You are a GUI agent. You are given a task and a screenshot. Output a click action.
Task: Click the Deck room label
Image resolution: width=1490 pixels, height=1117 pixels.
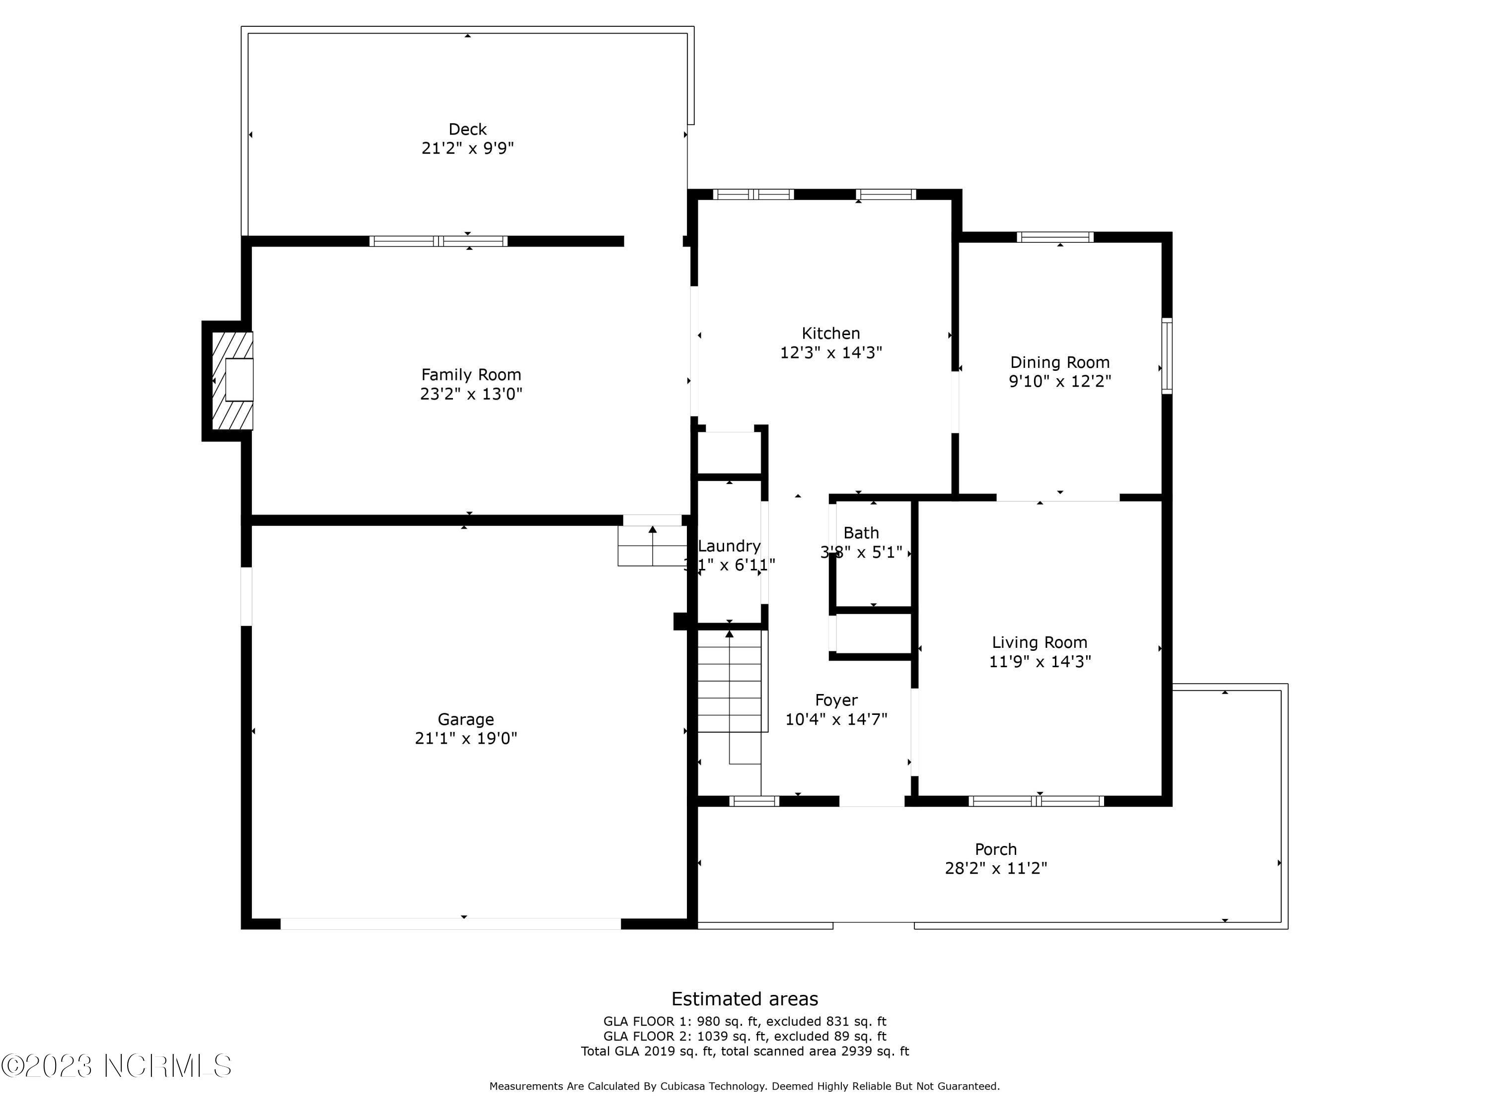coord(467,129)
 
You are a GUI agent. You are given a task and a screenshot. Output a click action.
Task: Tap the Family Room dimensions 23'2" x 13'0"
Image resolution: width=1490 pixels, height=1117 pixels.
coord(471,394)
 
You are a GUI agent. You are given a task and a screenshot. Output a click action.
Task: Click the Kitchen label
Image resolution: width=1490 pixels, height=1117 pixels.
coord(830,333)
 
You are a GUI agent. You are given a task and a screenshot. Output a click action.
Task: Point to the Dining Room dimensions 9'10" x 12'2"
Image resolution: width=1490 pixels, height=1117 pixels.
coord(1059,382)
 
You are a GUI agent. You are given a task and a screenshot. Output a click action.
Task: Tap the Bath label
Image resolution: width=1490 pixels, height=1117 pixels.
coord(861,533)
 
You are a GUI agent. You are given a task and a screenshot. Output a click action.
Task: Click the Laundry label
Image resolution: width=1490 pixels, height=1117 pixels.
coord(730,546)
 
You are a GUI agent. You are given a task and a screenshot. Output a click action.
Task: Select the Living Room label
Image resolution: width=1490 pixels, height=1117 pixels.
coord(1040,642)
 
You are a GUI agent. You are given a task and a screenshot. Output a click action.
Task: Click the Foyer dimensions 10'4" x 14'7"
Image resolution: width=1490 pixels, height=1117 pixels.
coord(836,719)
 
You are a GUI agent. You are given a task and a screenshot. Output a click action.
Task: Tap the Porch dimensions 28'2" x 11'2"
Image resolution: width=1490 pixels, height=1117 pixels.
coord(996,869)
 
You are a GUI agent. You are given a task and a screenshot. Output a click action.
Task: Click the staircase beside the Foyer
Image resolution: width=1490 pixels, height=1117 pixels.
coord(730,694)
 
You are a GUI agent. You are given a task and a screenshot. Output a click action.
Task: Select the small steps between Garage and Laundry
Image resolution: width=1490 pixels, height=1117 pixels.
coord(651,546)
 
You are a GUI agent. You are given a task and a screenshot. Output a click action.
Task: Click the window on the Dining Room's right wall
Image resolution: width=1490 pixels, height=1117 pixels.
coord(1167,355)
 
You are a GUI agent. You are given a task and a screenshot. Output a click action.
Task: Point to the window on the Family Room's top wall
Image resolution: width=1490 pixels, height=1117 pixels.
coord(438,241)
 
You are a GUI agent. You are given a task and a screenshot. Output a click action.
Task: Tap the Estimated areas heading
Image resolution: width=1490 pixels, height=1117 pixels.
coord(745,998)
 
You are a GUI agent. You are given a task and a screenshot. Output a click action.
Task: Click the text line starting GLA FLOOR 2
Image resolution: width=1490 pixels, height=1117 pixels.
coord(745,1036)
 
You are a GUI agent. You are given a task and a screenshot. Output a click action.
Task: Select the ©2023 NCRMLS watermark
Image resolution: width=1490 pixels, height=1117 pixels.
coord(117,1066)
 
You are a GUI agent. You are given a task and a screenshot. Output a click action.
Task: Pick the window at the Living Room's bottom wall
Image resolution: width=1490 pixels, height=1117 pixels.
coord(1036,801)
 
